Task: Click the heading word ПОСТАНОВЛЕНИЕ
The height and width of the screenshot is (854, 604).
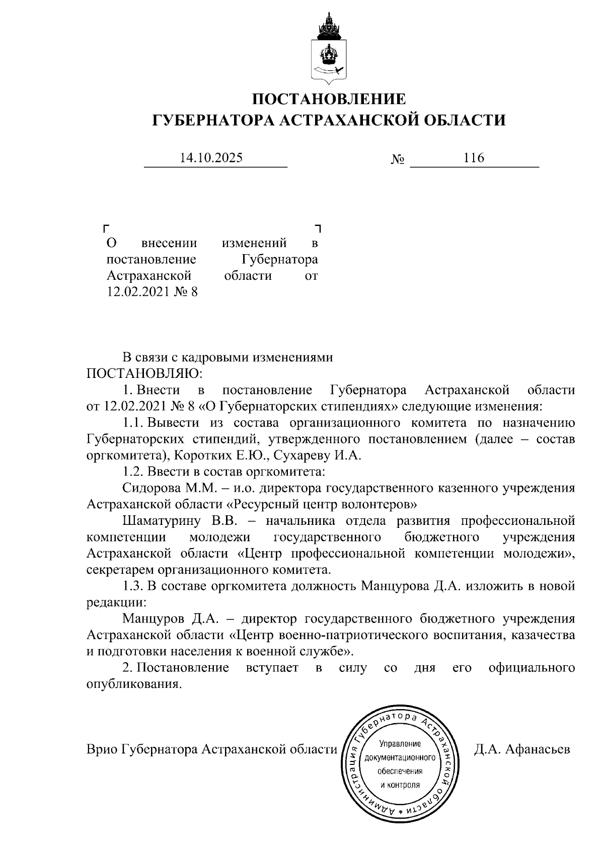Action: pos(329,99)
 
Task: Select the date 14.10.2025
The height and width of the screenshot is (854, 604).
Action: pos(211,158)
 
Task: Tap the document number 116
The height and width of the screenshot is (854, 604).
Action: pos(474,158)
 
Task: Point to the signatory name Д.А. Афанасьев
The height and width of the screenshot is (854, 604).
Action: pos(522,749)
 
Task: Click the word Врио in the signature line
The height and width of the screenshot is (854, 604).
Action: pos(103,749)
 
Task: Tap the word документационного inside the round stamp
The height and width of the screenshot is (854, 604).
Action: pos(400,757)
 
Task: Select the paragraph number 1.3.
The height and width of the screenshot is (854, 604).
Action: pos(133,586)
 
